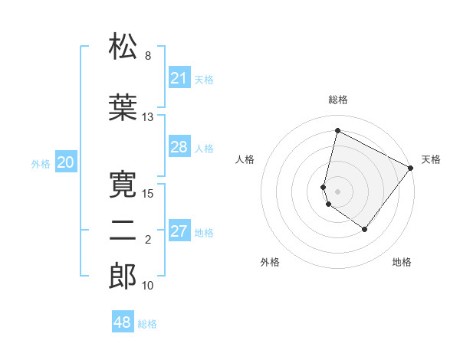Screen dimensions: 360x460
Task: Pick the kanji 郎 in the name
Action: coord(123,276)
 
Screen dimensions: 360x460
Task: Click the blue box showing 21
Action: coord(179,78)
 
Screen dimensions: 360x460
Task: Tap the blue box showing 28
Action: coord(179,147)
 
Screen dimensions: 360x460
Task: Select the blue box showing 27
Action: coord(179,231)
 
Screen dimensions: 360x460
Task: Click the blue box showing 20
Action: coord(66,162)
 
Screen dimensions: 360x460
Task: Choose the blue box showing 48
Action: coord(123,322)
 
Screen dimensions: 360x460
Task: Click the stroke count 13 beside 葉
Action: coord(148,117)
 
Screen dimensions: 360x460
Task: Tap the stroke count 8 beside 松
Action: coord(148,56)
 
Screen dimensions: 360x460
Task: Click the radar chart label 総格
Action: coord(338,100)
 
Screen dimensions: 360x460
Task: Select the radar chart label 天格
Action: coord(431,159)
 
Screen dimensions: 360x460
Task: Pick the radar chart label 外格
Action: coord(270,262)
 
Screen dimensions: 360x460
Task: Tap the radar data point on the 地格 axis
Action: coord(365,229)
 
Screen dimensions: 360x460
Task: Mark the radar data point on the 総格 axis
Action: coord(337,131)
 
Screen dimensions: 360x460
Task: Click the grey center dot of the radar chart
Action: coord(337,191)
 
